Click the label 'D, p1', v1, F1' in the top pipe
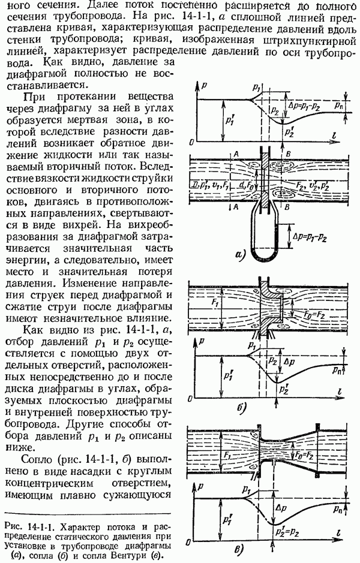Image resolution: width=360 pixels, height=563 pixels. coord(210,185)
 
